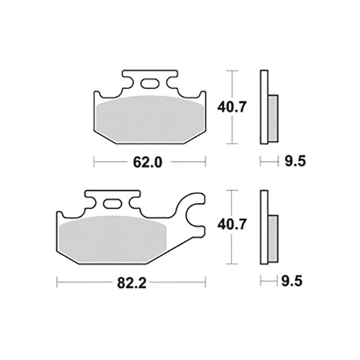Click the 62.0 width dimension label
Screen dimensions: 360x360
(148, 162)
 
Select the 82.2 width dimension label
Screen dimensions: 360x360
(131, 283)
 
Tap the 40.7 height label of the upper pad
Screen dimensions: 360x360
(232, 107)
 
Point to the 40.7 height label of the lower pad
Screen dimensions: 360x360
(232, 224)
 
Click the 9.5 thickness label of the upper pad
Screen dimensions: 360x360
(295, 161)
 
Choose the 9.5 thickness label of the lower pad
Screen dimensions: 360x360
(292, 281)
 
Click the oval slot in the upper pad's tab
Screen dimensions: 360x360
(149, 84)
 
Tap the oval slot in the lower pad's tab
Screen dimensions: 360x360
(112, 204)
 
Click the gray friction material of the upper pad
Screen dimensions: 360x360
(151, 119)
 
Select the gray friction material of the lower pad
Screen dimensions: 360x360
(112, 239)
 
